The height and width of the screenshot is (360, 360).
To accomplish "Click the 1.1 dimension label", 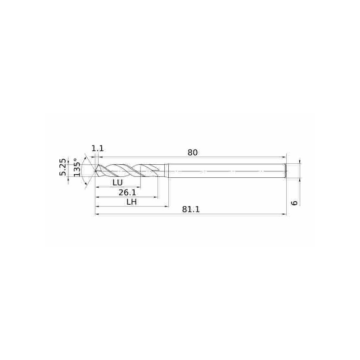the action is (x=98, y=148).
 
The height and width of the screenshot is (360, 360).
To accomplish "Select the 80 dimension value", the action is (x=193, y=153).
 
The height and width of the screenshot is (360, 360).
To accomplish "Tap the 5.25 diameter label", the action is (x=63, y=167).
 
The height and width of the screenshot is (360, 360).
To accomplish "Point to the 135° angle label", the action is (x=77, y=167).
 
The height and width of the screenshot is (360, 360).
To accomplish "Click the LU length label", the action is (x=117, y=183).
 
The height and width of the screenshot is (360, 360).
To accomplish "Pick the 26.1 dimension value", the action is (x=127, y=193).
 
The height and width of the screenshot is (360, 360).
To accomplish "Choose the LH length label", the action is (x=132, y=202).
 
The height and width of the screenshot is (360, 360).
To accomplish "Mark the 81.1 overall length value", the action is (x=191, y=209).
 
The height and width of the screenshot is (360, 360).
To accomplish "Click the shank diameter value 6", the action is (x=294, y=203).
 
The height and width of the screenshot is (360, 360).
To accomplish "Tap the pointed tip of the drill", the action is (x=95, y=171).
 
